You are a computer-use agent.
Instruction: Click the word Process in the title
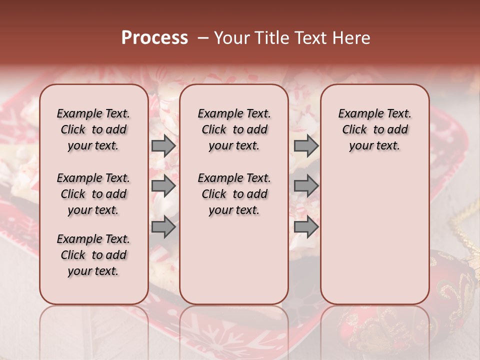(154, 38)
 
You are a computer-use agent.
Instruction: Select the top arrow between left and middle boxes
(163, 145)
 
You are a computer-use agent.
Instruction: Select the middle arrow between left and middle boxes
(163, 186)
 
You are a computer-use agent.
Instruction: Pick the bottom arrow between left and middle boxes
(163, 226)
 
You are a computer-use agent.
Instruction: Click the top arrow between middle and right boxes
(306, 145)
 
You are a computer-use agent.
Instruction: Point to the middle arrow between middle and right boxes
(306, 186)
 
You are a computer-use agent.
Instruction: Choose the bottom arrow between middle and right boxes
(306, 226)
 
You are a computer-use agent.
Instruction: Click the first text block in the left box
(93, 129)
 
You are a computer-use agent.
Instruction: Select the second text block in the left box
(93, 194)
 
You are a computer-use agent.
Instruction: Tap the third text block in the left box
(93, 255)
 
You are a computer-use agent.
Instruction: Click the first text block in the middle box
(234, 129)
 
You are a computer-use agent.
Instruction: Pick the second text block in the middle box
(234, 194)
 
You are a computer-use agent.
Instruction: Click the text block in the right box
(375, 129)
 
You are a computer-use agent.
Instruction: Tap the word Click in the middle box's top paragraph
(214, 130)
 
